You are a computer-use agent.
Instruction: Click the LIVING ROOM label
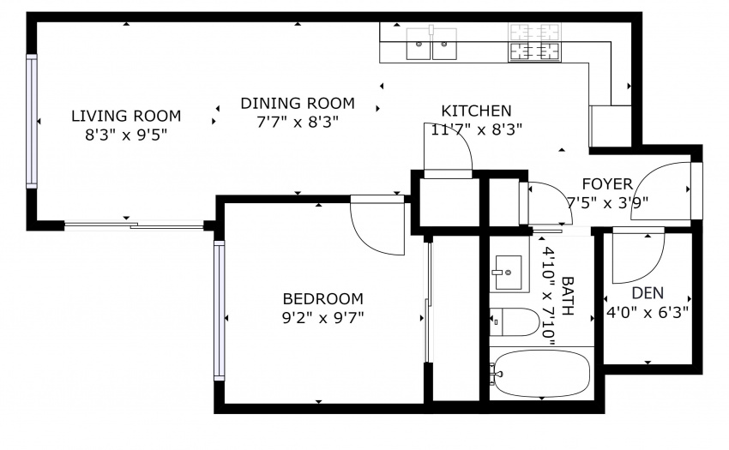tap(125, 116)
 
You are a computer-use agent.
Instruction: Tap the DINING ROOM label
tap(298, 103)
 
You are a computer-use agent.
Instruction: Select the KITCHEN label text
tap(476, 111)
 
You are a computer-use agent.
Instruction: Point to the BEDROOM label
tap(322, 298)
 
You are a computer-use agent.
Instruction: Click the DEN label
tap(648, 293)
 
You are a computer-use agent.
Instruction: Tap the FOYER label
tap(607, 184)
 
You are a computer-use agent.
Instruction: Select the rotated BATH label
tap(568, 296)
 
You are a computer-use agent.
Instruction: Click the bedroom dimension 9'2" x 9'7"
tap(322, 318)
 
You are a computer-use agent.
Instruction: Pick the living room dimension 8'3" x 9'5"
tap(125, 135)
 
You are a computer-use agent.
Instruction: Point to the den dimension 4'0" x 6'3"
tap(648, 312)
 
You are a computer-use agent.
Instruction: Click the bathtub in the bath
tap(542, 374)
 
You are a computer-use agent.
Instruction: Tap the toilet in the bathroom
tap(515, 321)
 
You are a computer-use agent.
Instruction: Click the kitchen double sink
tap(431, 44)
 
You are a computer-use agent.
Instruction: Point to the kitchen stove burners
tap(534, 42)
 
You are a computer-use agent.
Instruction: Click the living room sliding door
tap(134, 226)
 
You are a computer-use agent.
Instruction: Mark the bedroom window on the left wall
tap(219, 310)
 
